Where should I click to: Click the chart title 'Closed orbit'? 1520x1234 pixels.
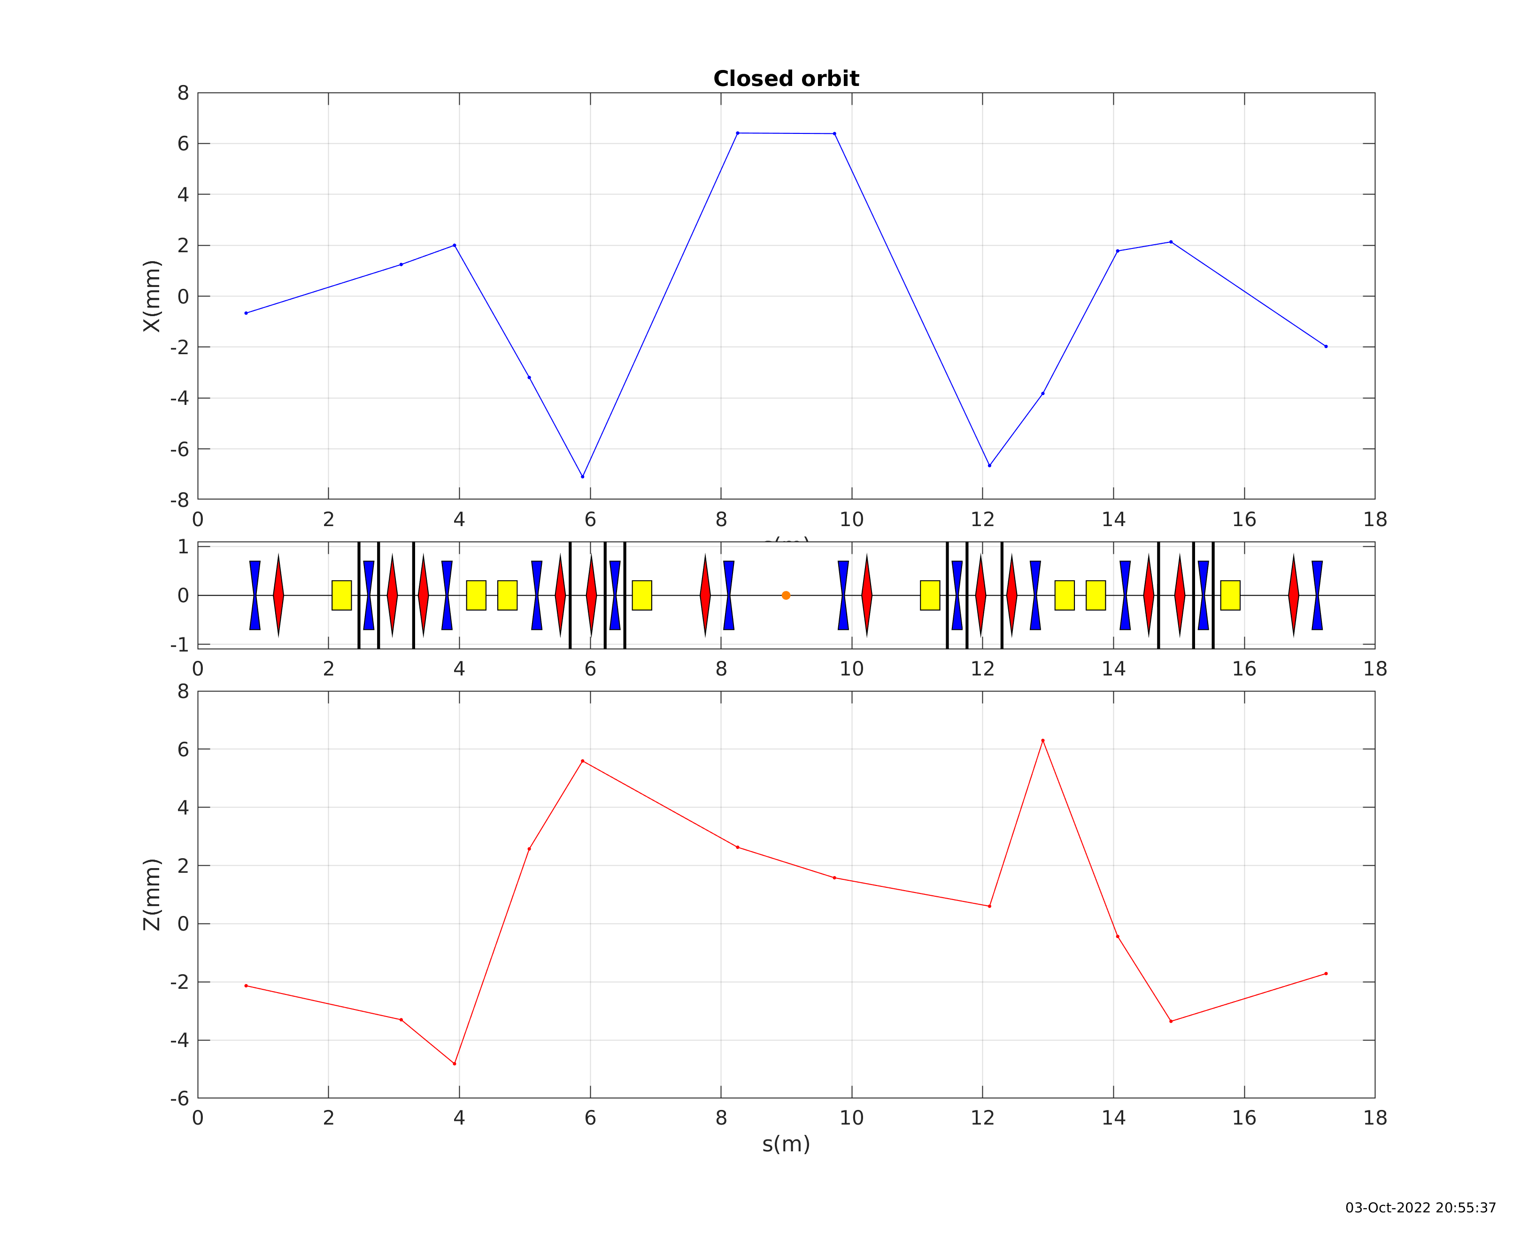(786, 79)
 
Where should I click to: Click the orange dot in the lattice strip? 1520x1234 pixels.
(786, 596)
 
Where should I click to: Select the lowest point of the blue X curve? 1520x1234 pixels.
(583, 477)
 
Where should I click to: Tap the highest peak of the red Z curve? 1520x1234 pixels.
(1042, 741)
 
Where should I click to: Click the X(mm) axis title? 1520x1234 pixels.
(152, 296)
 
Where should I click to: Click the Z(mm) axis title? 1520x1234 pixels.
(152, 894)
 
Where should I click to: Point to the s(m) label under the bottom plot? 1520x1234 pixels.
(786, 1144)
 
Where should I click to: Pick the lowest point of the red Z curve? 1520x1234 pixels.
(455, 1064)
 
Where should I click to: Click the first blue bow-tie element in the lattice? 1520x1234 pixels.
(255, 596)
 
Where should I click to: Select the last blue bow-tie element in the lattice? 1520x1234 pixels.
(1317, 596)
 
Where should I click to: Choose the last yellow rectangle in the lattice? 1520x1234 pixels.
(1230, 596)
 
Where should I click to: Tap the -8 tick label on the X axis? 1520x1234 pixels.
(180, 500)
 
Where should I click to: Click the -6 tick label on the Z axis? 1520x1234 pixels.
(180, 1099)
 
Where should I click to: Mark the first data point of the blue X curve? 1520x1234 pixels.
(247, 313)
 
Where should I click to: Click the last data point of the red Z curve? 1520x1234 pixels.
(1326, 974)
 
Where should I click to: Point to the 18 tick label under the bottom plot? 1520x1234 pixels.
(1375, 1118)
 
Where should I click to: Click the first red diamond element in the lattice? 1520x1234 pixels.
(278, 596)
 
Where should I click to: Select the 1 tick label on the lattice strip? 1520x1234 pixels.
(183, 547)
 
